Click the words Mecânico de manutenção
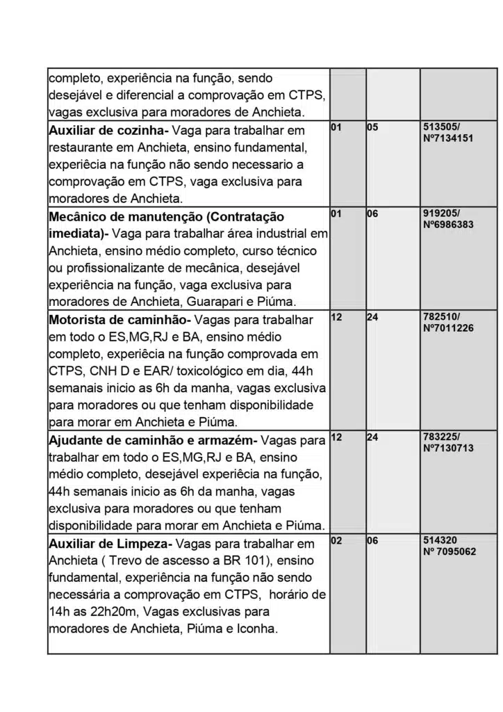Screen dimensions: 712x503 (126, 217)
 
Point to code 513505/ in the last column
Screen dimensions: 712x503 (441, 128)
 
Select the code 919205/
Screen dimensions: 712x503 (441, 214)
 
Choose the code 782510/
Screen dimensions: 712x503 (441, 317)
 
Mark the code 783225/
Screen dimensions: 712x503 (441, 438)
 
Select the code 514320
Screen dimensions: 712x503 (440, 540)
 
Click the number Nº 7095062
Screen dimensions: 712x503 (450, 551)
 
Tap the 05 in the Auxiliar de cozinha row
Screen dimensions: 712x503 (372, 128)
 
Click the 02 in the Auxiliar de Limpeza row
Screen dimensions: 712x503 (336, 540)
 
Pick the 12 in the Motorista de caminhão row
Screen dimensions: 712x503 (336, 317)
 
